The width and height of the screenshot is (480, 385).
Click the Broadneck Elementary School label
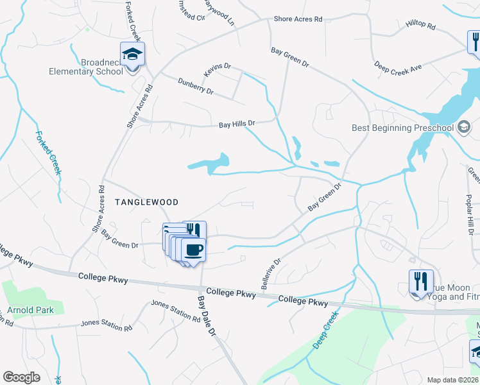tap(86, 67)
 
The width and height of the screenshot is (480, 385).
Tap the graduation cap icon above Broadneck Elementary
tap(132, 54)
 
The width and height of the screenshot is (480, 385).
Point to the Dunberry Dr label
tap(195, 86)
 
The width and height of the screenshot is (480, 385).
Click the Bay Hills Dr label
tap(237, 123)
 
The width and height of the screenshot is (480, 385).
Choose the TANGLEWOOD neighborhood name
tap(146, 201)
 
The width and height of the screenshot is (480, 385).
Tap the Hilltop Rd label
tap(420, 26)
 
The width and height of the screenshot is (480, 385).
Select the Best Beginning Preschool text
tap(402, 128)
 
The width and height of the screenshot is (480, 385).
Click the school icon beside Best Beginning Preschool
tap(463, 127)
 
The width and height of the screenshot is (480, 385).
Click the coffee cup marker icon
tap(193, 250)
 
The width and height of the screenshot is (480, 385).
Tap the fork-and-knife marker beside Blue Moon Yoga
tap(421, 282)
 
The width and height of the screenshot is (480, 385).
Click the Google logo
tap(21, 377)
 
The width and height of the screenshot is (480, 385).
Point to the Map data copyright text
tap(452, 380)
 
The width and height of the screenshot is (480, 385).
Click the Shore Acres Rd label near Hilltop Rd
tap(298, 19)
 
